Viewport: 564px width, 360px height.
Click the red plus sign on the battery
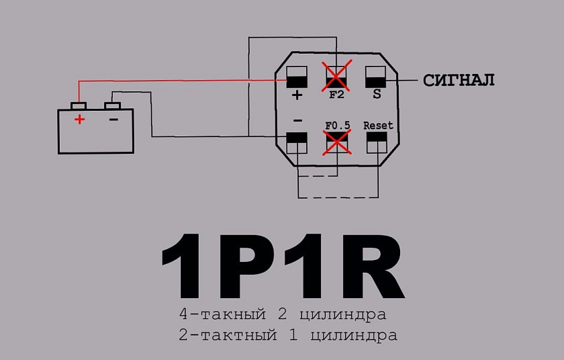click(79, 119)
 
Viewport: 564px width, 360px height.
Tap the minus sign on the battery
click(113, 119)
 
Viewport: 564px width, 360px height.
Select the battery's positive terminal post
click(79, 105)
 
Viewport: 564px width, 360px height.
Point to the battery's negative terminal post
click(112, 105)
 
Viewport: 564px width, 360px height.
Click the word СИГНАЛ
click(459, 80)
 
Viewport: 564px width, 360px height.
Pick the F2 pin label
click(336, 95)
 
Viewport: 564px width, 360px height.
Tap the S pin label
click(377, 94)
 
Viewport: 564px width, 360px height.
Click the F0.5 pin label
click(337, 125)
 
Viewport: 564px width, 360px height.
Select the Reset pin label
click(378, 125)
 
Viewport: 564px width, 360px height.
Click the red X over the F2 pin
click(336, 76)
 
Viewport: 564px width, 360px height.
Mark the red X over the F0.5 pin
click(337, 143)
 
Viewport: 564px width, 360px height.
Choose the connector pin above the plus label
click(297, 77)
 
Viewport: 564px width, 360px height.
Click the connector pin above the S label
click(375, 77)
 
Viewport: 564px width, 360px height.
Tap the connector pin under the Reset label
click(377, 143)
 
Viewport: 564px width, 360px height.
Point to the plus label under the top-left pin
click(297, 95)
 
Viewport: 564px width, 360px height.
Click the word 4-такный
click(223, 314)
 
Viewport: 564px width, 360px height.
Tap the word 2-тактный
click(228, 335)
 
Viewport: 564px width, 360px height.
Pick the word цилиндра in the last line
click(354, 336)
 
